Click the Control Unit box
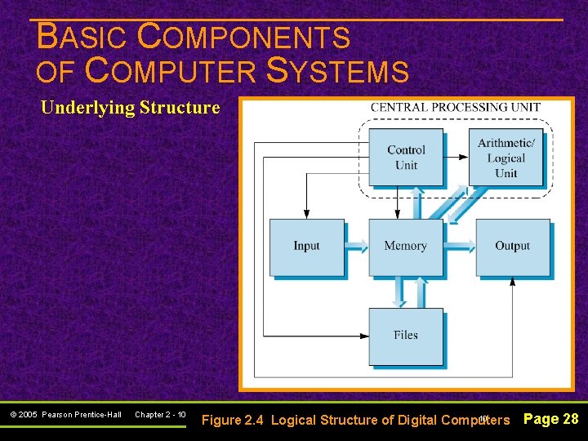(406, 157)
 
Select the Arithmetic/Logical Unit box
(506, 157)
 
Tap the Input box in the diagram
(307, 247)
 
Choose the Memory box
(405, 247)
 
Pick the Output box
(512, 247)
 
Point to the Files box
(405, 336)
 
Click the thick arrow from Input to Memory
(357, 245)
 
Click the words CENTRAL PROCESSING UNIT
(455, 108)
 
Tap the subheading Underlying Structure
(130, 107)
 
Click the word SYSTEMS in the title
(338, 72)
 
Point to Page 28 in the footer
(550, 419)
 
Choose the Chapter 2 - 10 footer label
(160, 415)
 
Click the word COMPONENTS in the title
(244, 38)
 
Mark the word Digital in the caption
(417, 420)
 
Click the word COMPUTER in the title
(170, 72)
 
